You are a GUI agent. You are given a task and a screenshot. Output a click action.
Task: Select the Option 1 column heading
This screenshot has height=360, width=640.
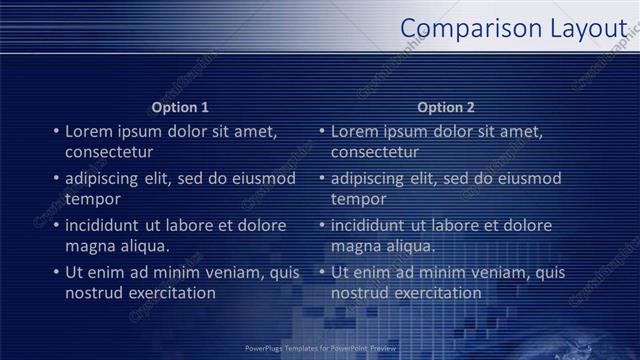(180, 107)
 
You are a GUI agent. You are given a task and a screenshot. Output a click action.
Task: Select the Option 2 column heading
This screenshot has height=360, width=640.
(446, 107)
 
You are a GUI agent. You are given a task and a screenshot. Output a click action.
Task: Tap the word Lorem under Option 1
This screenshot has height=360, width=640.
(88, 131)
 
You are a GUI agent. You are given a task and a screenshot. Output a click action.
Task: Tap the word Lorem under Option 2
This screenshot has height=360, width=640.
(354, 131)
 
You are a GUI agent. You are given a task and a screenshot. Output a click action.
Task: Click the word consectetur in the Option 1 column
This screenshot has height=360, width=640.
(109, 152)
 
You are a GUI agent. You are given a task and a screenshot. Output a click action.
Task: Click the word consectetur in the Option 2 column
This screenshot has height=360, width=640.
(375, 152)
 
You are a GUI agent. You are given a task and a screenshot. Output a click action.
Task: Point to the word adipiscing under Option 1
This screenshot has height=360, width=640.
(105, 179)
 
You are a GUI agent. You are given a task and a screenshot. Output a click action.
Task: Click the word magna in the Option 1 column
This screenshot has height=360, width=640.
(88, 246)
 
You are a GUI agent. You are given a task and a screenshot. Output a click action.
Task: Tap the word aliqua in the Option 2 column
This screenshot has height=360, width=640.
(413, 246)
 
